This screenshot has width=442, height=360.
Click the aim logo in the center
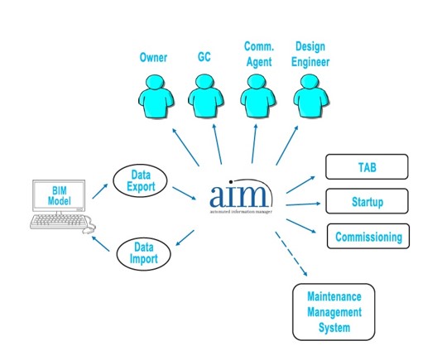click(242, 196)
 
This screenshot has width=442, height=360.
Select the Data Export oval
click(140, 180)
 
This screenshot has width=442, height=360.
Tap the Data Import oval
click(143, 254)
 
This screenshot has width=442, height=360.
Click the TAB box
click(367, 167)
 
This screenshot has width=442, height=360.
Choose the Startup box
click(367, 201)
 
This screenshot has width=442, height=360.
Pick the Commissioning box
click(368, 236)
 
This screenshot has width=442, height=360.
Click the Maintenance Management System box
click(334, 312)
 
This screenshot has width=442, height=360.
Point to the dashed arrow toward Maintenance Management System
click(291, 254)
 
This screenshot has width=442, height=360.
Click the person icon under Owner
click(156, 96)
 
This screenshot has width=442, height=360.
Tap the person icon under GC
click(206, 96)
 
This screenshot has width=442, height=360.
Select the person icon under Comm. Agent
click(258, 96)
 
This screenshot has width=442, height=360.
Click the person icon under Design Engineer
click(311, 96)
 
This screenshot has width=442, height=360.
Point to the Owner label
click(153, 57)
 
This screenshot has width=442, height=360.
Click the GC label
click(204, 57)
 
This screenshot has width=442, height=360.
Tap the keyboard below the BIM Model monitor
click(60, 222)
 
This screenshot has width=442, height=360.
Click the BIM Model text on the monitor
click(60, 195)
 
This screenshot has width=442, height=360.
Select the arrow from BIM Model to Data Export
click(100, 191)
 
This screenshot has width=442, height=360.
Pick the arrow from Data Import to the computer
click(101, 243)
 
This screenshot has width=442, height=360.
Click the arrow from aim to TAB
click(300, 185)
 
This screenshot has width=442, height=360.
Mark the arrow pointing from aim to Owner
click(185, 146)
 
